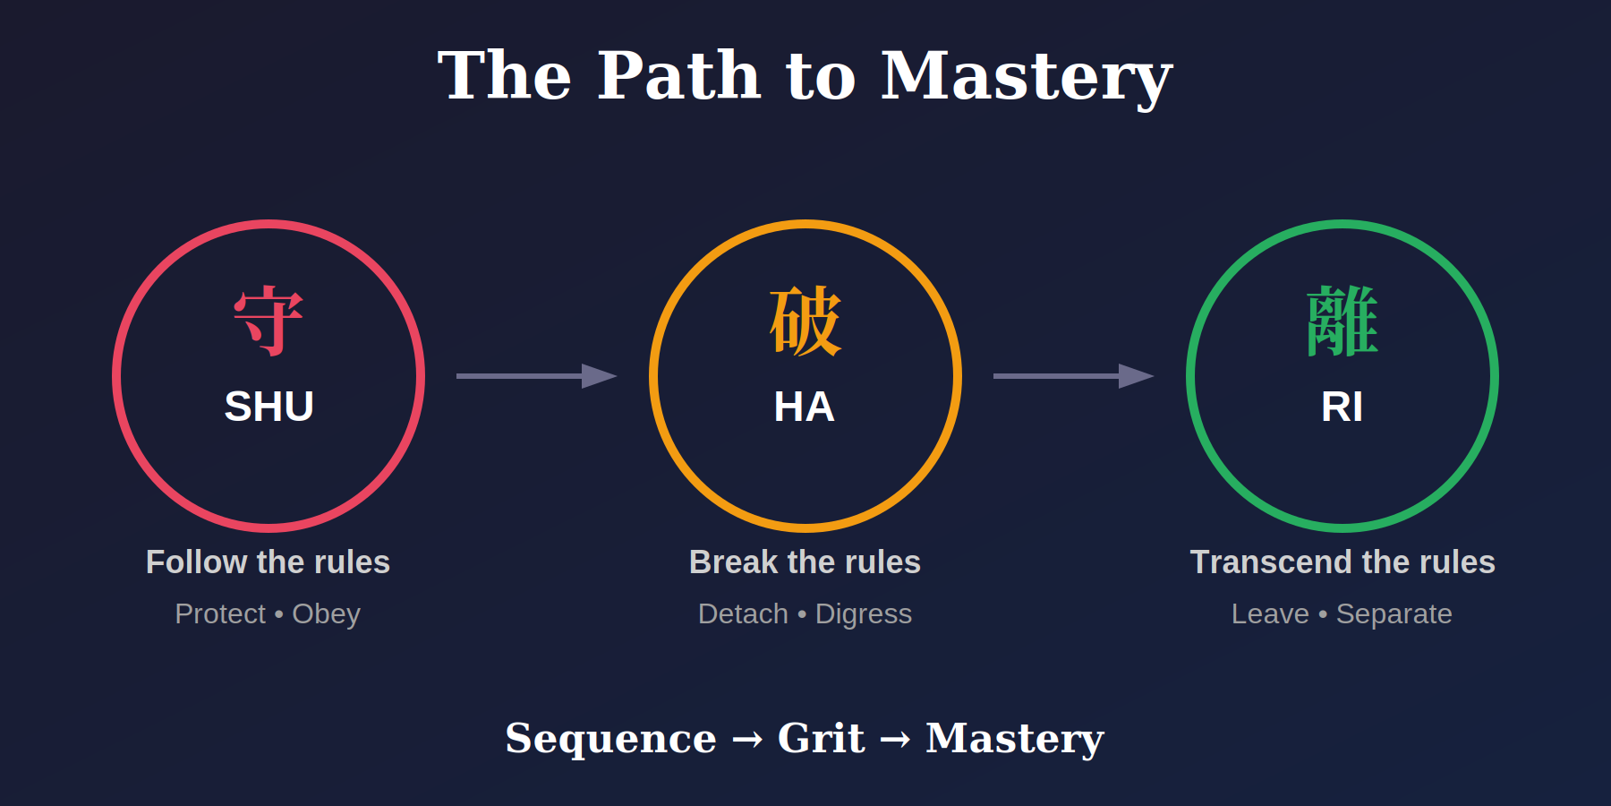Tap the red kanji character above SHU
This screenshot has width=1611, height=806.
tap(268, 321)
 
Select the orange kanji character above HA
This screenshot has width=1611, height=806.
tap(805, 321)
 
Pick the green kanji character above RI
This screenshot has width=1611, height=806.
tap(1342, 321)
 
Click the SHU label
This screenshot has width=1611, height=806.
tap(268, 407)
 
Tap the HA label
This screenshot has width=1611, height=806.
tap(804, 407)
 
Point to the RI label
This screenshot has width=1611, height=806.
tap(1342, 407)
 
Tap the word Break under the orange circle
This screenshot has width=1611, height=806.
tap(733, 562)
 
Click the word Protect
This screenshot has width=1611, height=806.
tap(220, 614)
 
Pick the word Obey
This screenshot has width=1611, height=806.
tap(326, 614)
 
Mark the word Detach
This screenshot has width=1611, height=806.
tap(743, 614)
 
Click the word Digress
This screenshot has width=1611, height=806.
tap(863, 614)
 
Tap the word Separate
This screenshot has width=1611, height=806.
tap(1394, 614)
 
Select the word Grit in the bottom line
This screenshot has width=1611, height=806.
tap(821, 739)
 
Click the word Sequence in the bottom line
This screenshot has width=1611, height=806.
tap(610, 739)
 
